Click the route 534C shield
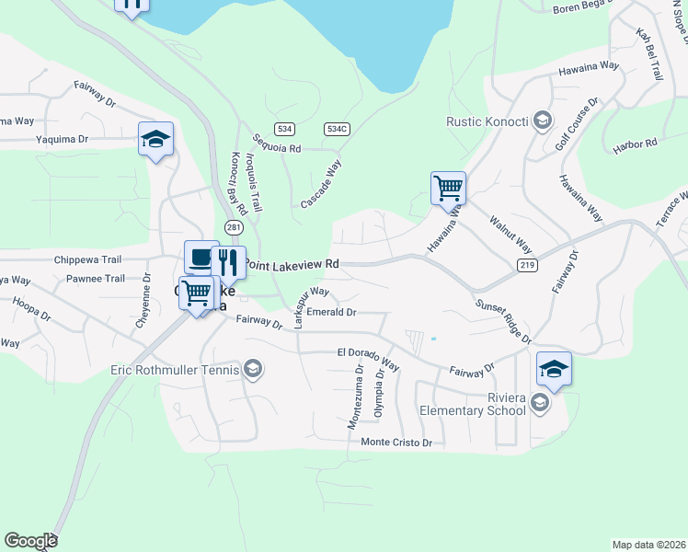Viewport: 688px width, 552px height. coord(337,129)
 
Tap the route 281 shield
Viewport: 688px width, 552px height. coord(234,227)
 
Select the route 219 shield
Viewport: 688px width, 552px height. coord(527,266)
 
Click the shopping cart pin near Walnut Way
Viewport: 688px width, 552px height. coord(448,188)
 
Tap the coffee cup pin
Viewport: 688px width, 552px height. coord(201,258)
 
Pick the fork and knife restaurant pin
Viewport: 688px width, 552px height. coord(228,263)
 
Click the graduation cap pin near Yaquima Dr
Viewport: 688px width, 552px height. coord(155,140)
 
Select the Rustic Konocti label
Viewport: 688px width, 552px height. coord(486,121)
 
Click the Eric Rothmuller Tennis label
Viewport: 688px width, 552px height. coord(175,370)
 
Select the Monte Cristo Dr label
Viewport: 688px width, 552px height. coord(396,443)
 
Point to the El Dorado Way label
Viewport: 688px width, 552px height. coord(368,359)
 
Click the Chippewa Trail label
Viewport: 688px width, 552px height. coord(88,260)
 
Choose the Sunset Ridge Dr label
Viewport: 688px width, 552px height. coord(503,321)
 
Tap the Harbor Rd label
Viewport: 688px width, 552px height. coord(638,144)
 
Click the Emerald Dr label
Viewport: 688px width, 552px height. coord(331,312)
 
